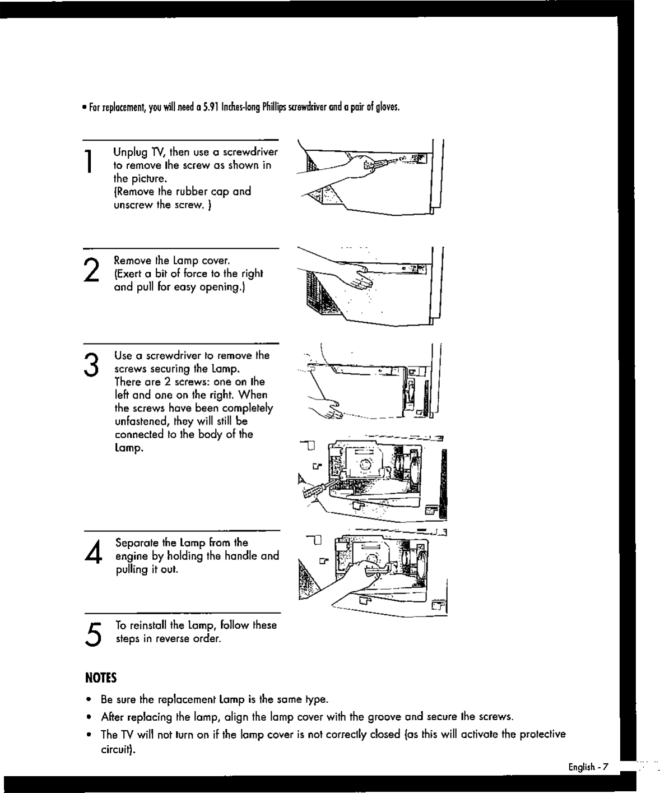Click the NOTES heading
tap(100, 678)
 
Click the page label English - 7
tap(588, 767)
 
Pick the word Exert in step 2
tap(130, 274)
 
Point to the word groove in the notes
tap(384, 717)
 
